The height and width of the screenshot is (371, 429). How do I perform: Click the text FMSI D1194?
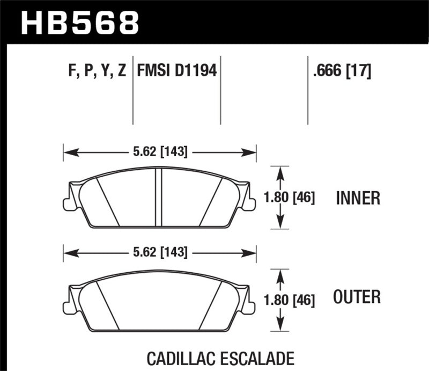click(x=177, y=70)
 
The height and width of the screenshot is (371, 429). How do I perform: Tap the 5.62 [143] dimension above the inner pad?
click(x=160, y=152)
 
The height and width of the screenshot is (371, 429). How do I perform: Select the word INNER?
click(x=358, y=198)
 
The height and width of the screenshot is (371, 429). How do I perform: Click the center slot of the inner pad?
click(x=159, y=197)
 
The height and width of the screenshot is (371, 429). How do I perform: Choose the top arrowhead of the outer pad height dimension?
click(x=279, y=273)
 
